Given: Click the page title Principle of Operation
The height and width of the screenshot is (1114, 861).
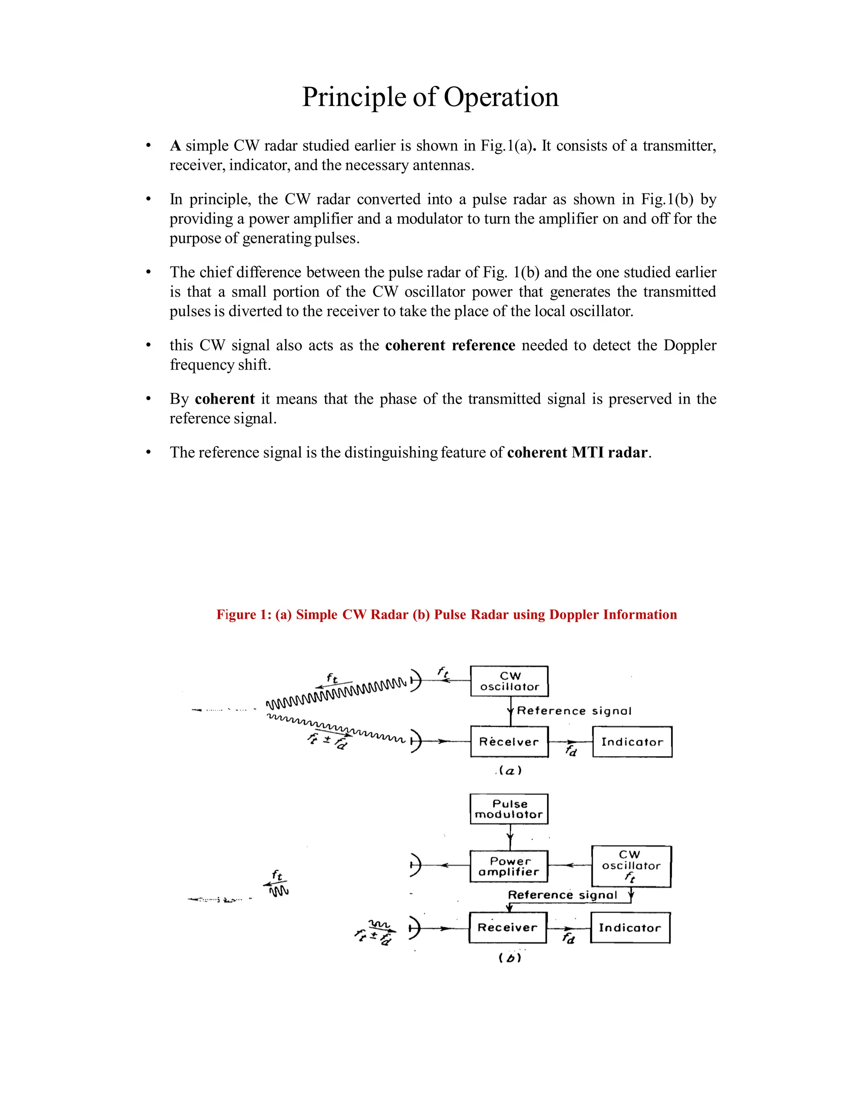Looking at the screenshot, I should (x=430, y=97).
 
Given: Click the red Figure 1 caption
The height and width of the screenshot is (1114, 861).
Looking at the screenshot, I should (x=446, y=614).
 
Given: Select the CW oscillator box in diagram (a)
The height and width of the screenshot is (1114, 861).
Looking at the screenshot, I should (x=509, y=681).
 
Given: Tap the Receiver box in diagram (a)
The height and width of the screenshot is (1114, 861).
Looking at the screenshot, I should (x=509, y=742).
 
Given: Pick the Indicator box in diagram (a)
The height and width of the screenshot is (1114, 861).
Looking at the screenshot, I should (x=631, y=742).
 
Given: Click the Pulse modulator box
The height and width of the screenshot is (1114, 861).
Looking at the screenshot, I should (x=509, y=809).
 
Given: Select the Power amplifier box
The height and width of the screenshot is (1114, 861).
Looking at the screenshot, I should (x=509, y=866).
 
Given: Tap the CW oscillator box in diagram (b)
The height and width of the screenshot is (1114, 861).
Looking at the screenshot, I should (x=631, y=866).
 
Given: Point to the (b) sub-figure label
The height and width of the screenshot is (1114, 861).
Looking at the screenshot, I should (x=510, y=958).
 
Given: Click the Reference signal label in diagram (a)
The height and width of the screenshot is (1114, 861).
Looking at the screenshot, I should (x=574, y=711).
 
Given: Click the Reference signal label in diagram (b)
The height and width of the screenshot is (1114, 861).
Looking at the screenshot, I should (x=562, y=895).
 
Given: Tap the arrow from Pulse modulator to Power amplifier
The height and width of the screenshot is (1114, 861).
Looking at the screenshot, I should (x=510, y=837).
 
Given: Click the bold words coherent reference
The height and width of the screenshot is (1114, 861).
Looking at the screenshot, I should (x=450, y=345).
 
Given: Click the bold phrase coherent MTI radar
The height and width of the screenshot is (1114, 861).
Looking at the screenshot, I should (x=577, y=452).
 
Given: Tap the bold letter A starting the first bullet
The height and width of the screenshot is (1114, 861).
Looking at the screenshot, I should (x=175, y=146).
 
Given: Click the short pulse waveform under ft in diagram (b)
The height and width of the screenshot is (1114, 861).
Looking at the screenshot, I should (x=279, y=891).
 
